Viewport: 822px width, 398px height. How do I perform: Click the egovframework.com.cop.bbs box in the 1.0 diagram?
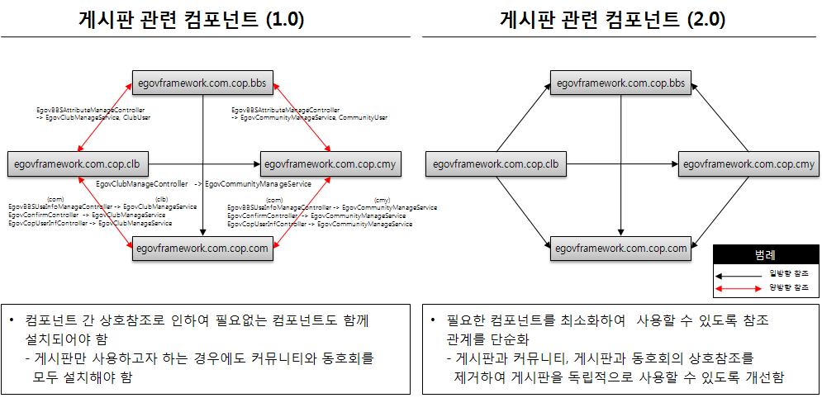[x=202, y=83]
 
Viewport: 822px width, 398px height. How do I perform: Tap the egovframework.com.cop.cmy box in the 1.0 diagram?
[x=330, y=164]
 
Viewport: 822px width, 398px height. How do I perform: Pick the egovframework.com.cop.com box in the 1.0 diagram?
[x=202, y=248]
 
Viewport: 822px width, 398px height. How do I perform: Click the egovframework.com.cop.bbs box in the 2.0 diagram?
[x=620, y=83]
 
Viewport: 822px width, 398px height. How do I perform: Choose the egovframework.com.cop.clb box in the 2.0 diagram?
[x=494, y=164]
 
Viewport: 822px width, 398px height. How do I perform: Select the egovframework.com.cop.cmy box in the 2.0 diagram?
[x=748, y=164]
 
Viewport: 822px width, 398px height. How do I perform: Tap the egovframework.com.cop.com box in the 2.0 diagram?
[x=620, y=248]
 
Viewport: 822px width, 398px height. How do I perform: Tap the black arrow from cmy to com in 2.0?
[x=718, y=206]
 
